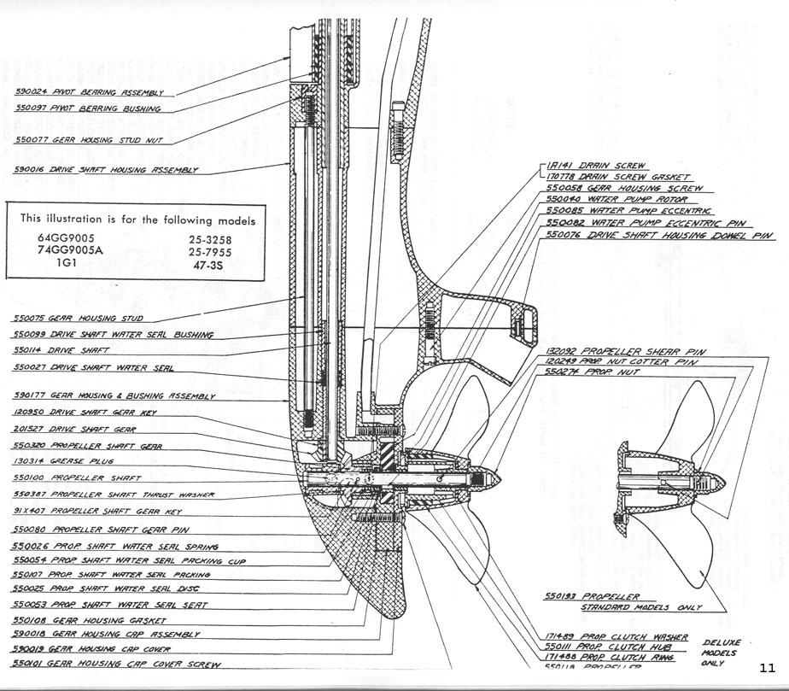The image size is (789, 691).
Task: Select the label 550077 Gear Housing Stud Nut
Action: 94,138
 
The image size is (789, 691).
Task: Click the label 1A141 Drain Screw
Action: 594,166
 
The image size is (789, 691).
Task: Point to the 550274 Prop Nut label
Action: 589,373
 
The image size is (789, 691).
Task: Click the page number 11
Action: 766,667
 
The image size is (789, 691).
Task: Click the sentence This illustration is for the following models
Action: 137,220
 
